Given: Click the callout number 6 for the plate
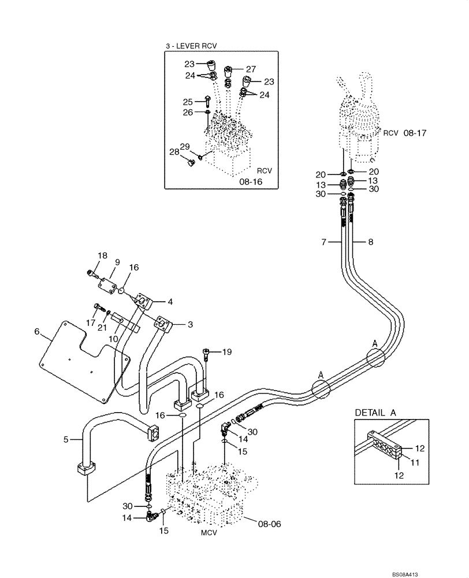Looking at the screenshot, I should pyautogui.click(x=38, y=332).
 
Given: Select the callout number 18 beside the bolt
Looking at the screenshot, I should pyautogui.click(x=102, y=255).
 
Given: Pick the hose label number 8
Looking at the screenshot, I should pyautogui.click(x=370, y=242).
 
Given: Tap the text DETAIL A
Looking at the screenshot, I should pyautogui.click(x=376, y=412).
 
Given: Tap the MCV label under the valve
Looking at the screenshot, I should pyautogui.click(x=209, y=533).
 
